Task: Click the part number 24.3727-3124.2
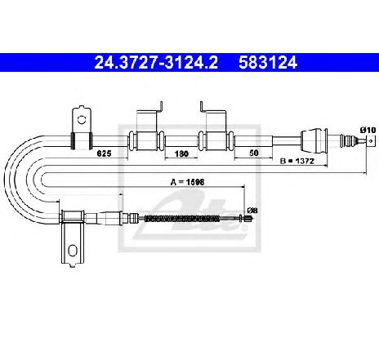coord(156,63)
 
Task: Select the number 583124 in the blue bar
coord(268,63)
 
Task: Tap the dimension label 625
coord(105,153)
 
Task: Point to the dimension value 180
coord(181,153)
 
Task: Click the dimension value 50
coord(253,153)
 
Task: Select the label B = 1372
coord(297,161)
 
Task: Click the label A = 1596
coord(187,182)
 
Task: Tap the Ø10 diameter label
coord(368,131)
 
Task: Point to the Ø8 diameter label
coord(252,211)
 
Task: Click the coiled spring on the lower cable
coord(181,218)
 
